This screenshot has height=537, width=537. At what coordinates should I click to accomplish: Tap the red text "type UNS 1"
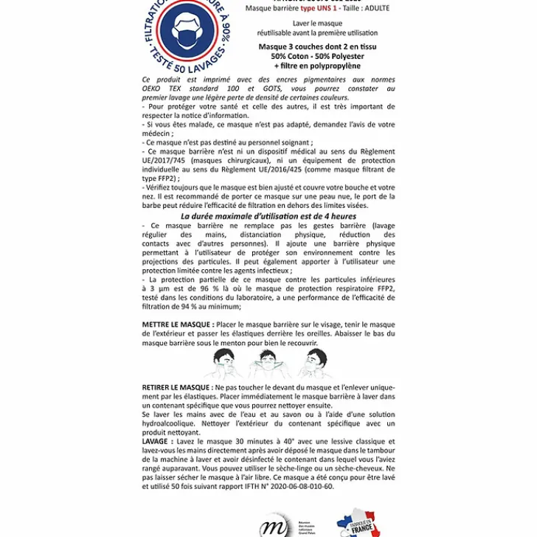coord(318,8)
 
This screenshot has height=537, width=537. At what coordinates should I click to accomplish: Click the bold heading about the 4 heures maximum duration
coord(268,215)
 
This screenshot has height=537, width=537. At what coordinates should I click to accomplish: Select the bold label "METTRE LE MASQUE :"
coord(178,325)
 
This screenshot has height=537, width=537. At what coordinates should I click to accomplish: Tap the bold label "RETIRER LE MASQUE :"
coord(178,387)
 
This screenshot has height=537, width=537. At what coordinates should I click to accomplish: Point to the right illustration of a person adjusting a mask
coord(314,362)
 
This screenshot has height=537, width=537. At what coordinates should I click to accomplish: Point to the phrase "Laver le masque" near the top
coord(317,23)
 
